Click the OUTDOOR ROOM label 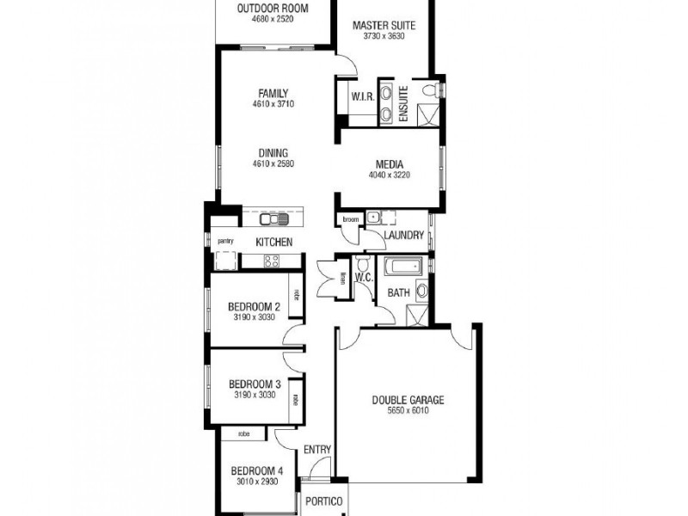coord(272,9)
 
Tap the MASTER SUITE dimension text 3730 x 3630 coord(384,38)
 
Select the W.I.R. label coord(361,97)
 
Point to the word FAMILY coord(273,94)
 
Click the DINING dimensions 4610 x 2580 coord(273,164)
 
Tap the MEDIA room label coord(389,164)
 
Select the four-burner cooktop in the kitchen coord(272,261)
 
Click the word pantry coord(225,241)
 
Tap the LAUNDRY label coord(403,235)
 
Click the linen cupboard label coord(341,277)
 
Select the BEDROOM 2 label coord(254,307)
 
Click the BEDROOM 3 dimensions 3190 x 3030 coord(254,395)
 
